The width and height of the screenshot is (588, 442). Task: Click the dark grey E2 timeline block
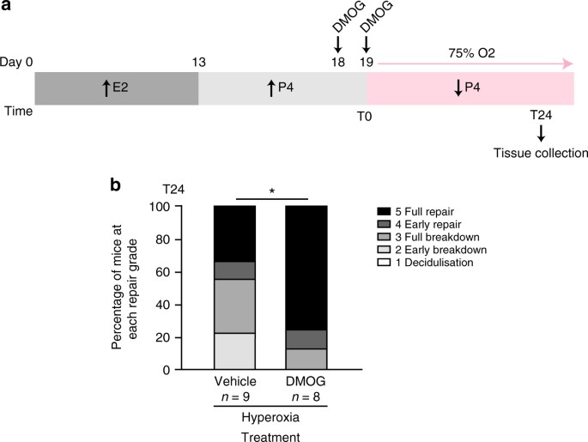click(x=116, y=88)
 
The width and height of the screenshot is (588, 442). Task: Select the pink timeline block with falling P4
click(x=470, y=88)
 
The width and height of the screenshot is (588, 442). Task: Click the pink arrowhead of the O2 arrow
click(x=567, y=64)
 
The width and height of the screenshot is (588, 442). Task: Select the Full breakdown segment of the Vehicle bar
click(x=234, y=306)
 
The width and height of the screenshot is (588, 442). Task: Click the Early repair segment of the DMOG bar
click(x=306, y=339)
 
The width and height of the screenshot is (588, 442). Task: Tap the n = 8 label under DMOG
click(x=306, y=398)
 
